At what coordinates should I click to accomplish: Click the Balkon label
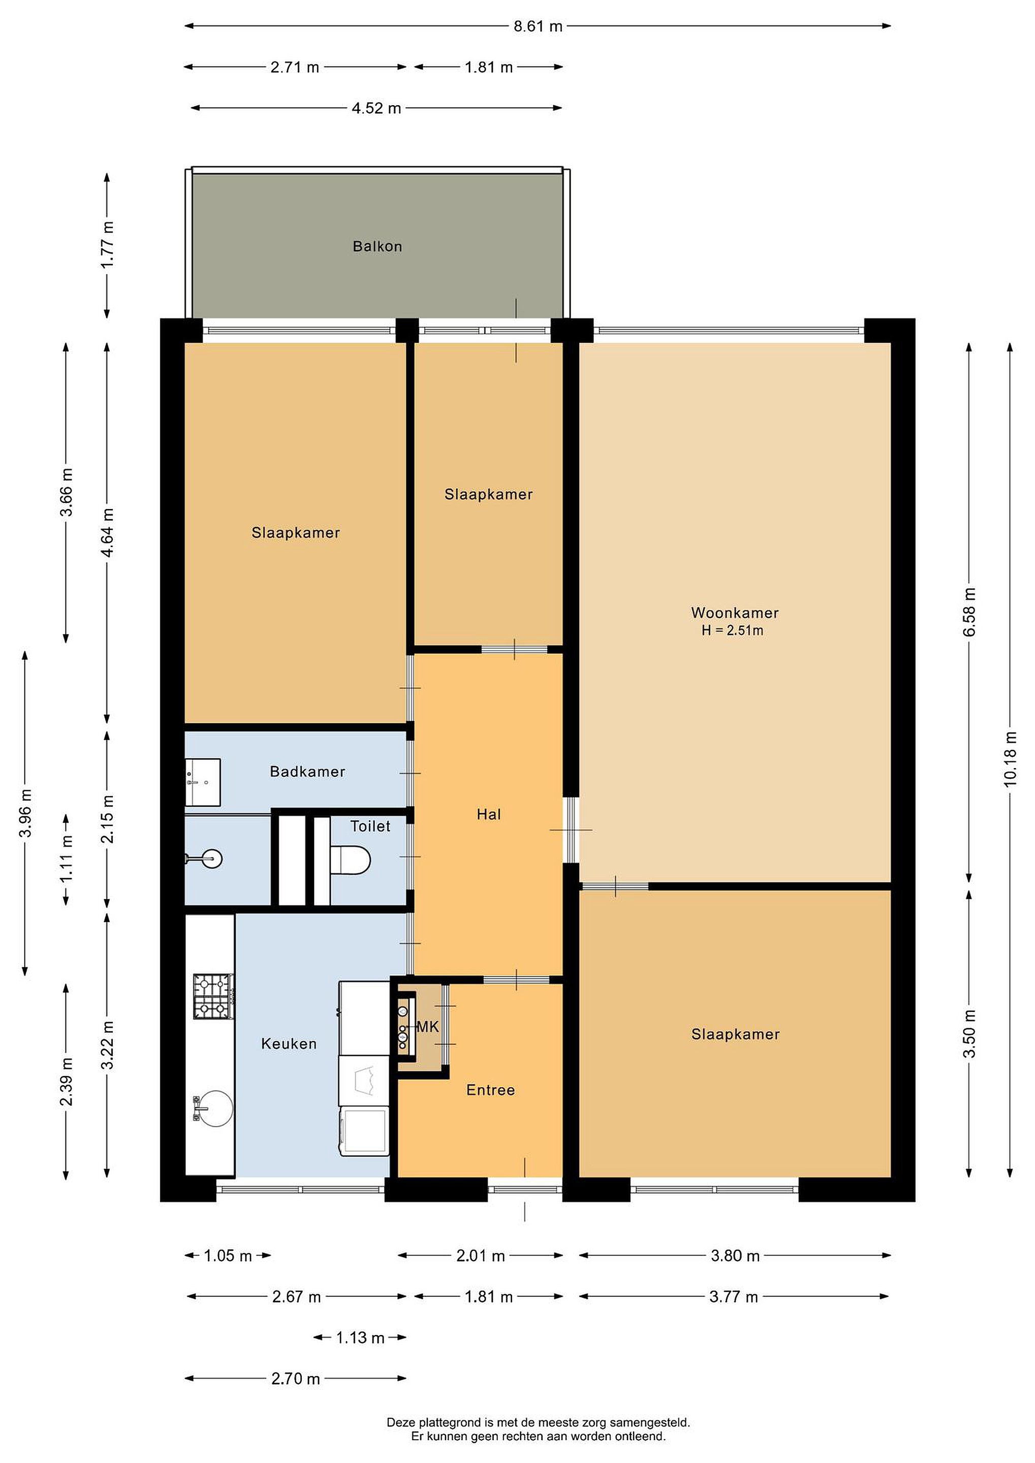[378, 246]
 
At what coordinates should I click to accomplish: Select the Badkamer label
[307, 771]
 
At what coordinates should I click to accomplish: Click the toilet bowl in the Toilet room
[350, 859]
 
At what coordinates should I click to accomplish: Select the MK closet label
[428, 1027]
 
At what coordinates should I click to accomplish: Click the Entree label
[490, 1090]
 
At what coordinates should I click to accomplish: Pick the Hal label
[489, 814]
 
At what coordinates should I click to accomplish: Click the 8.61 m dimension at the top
[538, 26]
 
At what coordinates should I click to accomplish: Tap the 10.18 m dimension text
[1010, 759]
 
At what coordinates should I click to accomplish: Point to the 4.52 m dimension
[376, 108]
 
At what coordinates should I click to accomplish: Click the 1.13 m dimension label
[360, 1338]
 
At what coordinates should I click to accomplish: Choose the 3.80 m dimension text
[735, 1255]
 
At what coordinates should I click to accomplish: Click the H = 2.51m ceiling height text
[732, 630]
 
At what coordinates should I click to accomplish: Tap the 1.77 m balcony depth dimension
[107, 245]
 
